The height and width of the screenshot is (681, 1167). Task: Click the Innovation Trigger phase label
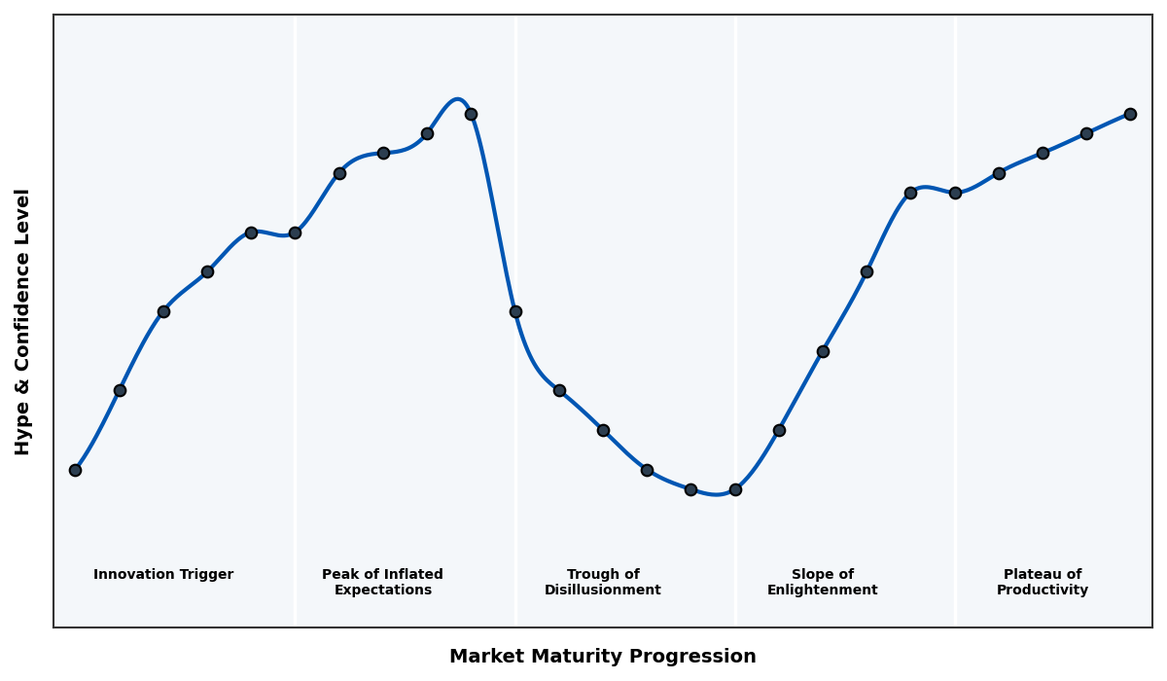tap(163, 575)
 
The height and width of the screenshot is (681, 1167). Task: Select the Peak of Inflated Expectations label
tap(382, 582)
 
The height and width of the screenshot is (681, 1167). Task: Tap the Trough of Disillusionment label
tap(602, 582)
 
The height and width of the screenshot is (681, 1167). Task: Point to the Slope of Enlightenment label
tap(822, 582)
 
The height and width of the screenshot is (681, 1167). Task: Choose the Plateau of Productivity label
tap(1043, 582)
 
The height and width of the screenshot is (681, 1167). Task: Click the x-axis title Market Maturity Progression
tap(602, 657)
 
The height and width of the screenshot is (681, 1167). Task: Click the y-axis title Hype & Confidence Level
tap(23, 321)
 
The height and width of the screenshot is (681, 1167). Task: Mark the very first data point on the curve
tap(75, 470)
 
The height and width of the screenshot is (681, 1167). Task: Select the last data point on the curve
tap(1130, 114)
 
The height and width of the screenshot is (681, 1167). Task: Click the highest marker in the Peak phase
tap(471, 114)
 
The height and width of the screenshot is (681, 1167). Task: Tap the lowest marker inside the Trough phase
tap(690, 489)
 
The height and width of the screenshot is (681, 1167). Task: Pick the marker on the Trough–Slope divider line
tap(735, 489)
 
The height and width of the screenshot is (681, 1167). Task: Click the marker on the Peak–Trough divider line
tap(515, 311)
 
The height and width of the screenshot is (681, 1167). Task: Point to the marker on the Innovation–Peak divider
tap(295, 233)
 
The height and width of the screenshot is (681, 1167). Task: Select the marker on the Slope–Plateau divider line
tap(955, 193)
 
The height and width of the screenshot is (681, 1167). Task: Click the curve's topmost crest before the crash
tap(457, 99)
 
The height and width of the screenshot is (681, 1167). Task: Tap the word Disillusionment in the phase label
tap(602, 591)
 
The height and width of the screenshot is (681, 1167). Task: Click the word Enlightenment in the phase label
tap(822, 591)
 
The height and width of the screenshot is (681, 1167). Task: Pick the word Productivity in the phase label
tap(1043, 591)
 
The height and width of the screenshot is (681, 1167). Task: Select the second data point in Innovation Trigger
tap(120, 390)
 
